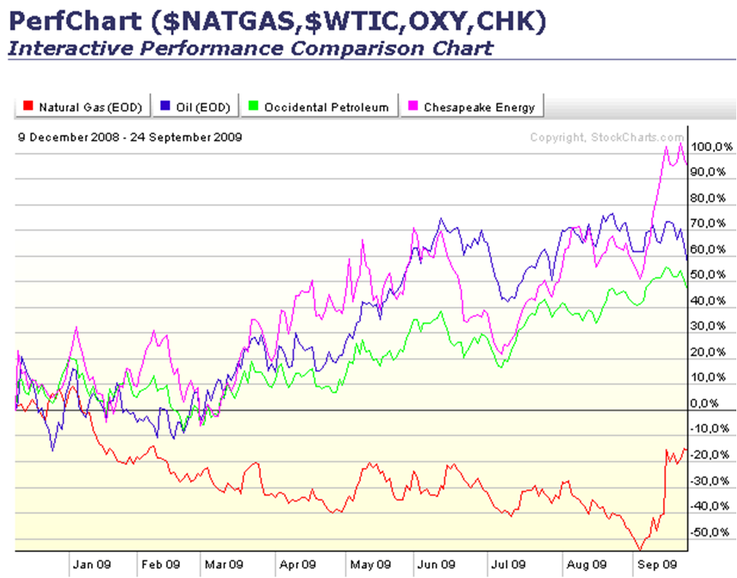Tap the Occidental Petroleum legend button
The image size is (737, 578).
pyautogui.click(x=320, y=107)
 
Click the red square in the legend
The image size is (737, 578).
pyautogui.click(x=28, y=107)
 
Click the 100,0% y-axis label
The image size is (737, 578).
pyautogui.click(x=711, y=147)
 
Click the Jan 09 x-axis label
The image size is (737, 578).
pyautogui.click(x=92, y=565)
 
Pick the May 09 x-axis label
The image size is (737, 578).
pyautogui.click(x=370, y=565)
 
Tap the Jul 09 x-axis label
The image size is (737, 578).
pyautogui.click(x=507, y=565)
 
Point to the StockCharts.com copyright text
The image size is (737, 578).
pyautogui.click(x=607, y=137)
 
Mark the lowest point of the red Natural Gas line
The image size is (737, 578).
pyautogui.click(x=639, y=549)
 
